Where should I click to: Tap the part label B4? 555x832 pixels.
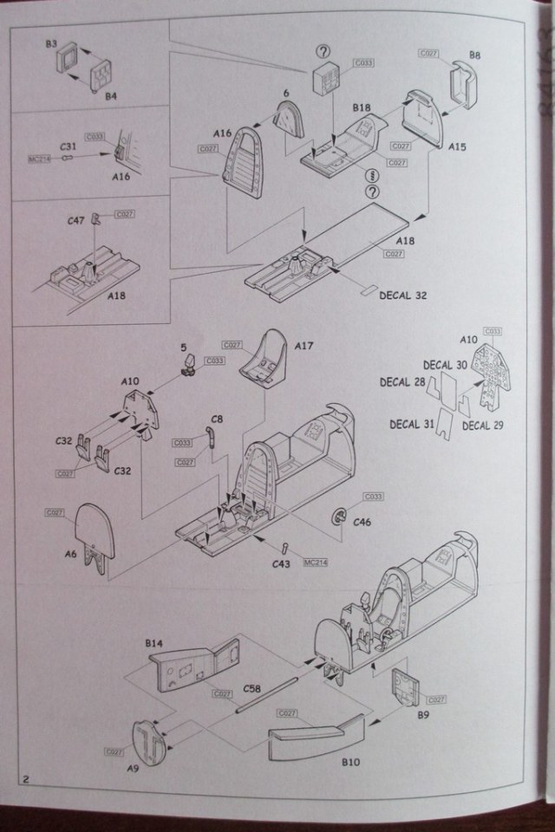coord(110,96)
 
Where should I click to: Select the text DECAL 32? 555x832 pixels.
coord(403,296)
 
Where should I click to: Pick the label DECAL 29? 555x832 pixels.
coord(482,426)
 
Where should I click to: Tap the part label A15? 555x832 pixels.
coord(457,147)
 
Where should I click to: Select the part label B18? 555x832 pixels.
coord(362,107)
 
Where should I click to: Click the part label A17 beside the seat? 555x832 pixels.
coord(304,345)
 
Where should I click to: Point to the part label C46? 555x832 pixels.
coord(362,523)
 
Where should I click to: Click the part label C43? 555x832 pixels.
coord(280,564)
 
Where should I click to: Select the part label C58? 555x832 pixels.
coord(251,688)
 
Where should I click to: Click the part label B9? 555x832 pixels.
coord(423,716)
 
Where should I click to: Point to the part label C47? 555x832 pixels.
coord(76,222)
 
